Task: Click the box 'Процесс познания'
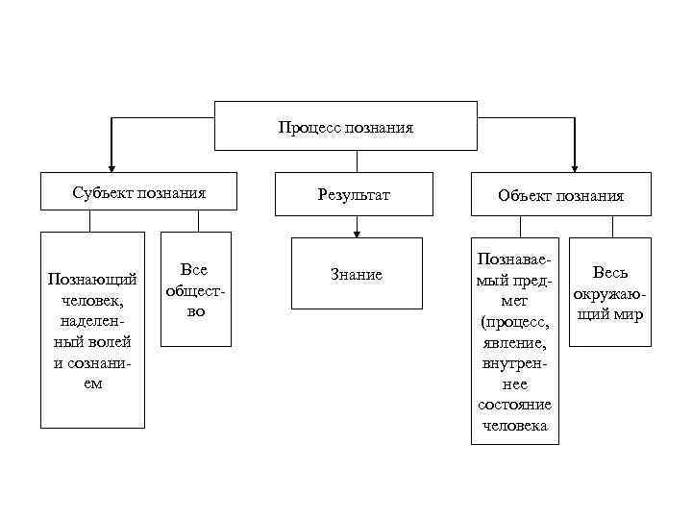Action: coord(345,126)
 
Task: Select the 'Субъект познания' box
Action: coord(139,192)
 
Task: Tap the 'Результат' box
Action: coord(357,195)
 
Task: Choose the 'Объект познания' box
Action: coord(560,195)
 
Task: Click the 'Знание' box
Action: coord(357,275)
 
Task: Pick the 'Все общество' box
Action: coord(196,289)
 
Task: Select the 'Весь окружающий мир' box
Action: coord(609,293)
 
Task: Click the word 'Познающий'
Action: coord(92,280)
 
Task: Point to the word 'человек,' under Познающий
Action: coord(92,301)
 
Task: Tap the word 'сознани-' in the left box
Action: coord(92,363)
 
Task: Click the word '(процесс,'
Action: coord(514,320)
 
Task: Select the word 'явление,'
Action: coord(514,341)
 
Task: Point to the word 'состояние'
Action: coord(514,405)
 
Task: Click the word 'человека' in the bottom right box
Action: coord(514,426)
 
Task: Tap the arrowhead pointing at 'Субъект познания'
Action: coord(111,165)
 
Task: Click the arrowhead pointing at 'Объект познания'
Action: coord(575,165)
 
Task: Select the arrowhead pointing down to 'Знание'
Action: coord(357,232)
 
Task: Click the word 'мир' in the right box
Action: coord(630,314)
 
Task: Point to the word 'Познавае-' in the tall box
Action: coord(514,259)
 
